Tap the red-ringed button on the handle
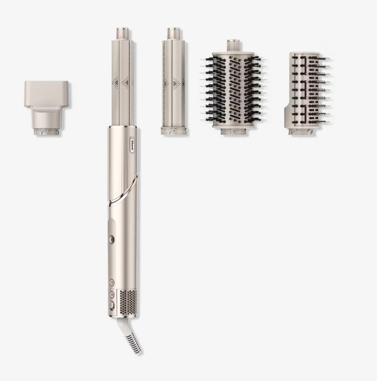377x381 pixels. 112,294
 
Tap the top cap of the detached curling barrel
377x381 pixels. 175,32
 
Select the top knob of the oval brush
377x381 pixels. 232,46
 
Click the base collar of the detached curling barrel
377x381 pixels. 175,131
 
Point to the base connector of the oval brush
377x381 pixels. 232,131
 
